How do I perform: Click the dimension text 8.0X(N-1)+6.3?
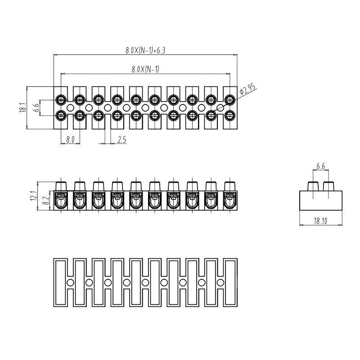[145, 51]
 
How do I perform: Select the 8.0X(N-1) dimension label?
[145, 69]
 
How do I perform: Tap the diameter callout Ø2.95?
[248, 88]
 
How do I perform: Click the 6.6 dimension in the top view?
[35, 108]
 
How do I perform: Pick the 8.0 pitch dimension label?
[70, 139]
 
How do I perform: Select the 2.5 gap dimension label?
[121, 139]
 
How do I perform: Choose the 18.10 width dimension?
[321, 221]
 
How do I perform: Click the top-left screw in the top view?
[60, 99]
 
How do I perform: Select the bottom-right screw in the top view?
[230, 116]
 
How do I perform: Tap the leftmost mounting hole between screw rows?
[70, 108]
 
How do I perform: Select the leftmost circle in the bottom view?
[70, 283]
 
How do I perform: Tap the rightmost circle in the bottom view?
[220, 283]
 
